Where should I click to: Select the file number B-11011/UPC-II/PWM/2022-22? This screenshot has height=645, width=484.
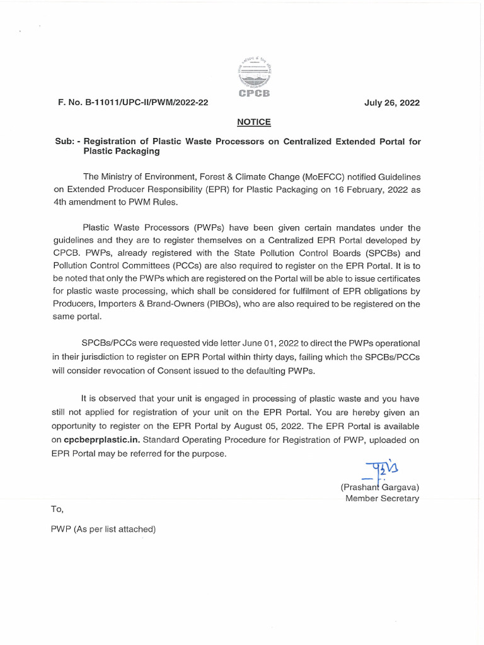click(133, 103)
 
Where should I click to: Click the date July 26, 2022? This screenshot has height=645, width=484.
click(391, 103)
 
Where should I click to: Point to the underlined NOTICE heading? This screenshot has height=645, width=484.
click(254, 122)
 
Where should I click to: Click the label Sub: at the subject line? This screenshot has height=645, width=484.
click(66, 142)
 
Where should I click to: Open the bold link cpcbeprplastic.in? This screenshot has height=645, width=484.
click(107, 440)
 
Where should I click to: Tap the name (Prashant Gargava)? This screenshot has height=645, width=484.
click(380, 487)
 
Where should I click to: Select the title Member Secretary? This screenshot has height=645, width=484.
click(383, 498)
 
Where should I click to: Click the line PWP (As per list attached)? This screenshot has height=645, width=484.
click(103, 529)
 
